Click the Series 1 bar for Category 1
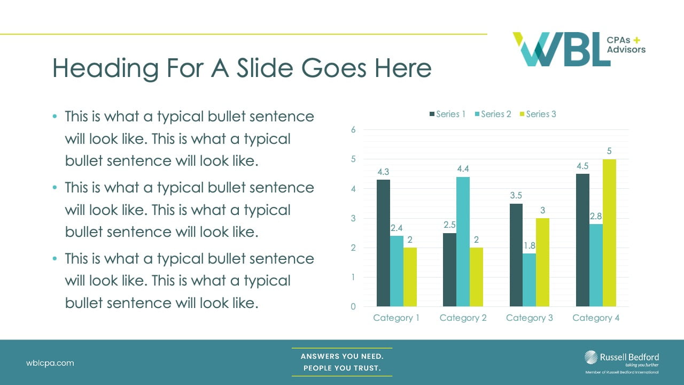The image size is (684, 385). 383,243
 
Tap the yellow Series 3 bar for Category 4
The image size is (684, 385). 609,233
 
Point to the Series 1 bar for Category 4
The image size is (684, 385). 582,240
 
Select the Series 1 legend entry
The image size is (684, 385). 447,114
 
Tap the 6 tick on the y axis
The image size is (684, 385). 353,129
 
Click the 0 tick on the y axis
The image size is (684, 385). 353,306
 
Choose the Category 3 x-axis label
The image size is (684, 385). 529,318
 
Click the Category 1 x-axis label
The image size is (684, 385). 396,318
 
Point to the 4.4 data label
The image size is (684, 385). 463,169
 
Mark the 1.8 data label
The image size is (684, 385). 529,246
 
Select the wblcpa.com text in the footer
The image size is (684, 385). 50,363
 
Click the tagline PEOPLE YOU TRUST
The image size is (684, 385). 342,368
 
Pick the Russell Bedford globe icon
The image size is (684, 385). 592,357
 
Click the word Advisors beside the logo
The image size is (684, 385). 626,50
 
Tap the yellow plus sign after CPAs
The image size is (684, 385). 636,40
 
